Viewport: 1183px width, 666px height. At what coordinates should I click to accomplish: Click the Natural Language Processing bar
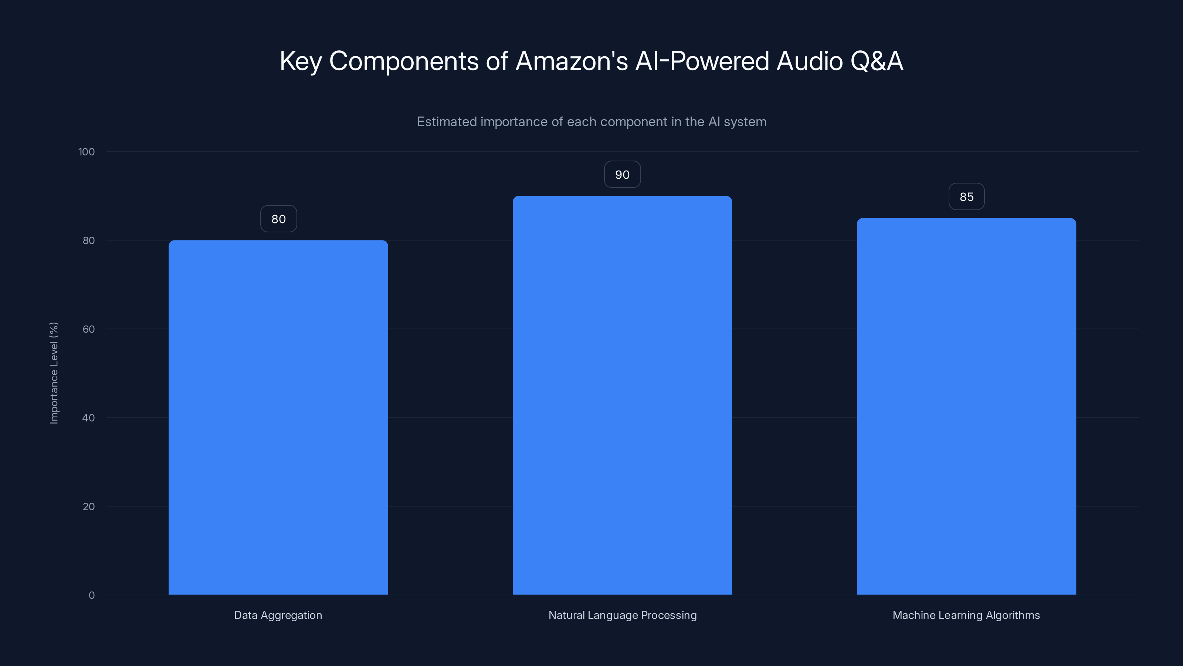tap(622, 395)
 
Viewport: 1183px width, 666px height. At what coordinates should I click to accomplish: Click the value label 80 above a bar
tap(278, 219)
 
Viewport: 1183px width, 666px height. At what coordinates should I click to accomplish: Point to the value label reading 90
tap(622, 175)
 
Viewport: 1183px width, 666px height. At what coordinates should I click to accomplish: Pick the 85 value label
tap(966, 197)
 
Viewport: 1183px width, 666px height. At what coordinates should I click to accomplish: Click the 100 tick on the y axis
tap(87, 152)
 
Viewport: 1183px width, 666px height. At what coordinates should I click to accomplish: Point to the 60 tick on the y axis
tap(89, 329)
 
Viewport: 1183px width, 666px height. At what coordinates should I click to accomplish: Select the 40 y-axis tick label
tap(89, 418)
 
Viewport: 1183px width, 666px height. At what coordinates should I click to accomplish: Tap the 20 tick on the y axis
tap(89, 507)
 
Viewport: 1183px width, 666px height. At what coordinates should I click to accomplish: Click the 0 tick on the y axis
tap(91, 595)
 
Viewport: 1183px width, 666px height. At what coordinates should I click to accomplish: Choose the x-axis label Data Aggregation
tap(278, 615)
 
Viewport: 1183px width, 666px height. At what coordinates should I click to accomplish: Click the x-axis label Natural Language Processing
tap(622, 615)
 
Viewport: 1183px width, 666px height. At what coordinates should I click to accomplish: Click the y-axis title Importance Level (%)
tap(54, 373)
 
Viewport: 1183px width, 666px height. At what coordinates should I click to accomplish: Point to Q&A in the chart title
tap(876, 61)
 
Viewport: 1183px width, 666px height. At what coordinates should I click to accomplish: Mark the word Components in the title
tap(404, 61)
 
